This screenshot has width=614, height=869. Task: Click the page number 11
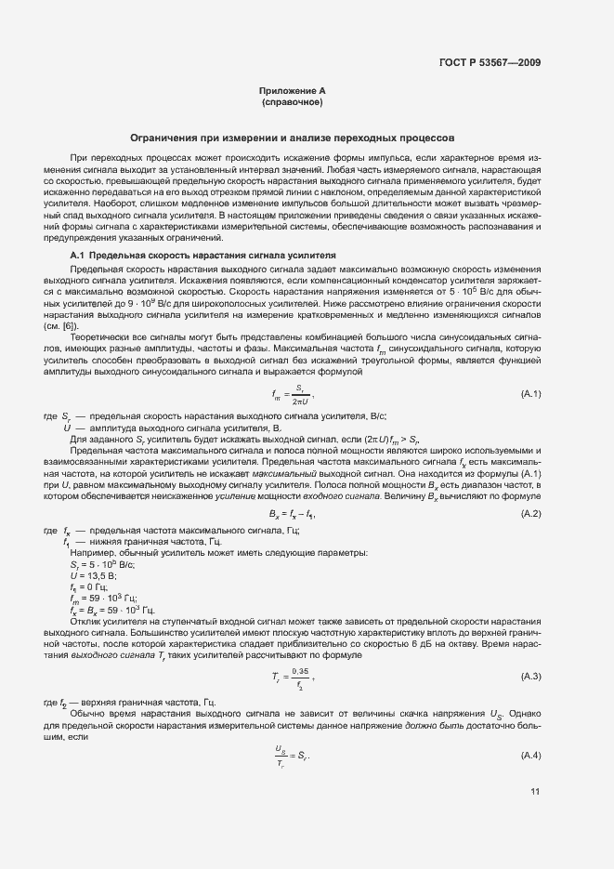535,792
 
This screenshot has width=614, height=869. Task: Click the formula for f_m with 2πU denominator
292,395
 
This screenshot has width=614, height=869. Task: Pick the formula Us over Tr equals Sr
292,753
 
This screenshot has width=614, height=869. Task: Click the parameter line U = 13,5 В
90,575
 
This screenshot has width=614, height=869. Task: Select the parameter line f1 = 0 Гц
88,586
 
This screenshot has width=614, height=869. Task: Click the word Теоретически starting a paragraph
98,336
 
